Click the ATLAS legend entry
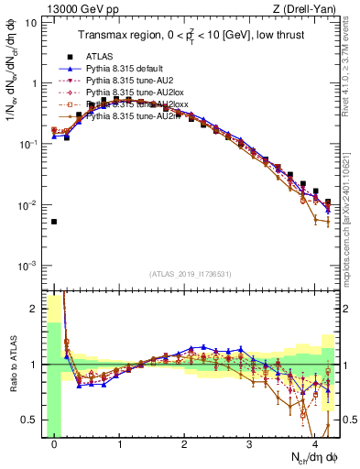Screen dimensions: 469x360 point(101,57)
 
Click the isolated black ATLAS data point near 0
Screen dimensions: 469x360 point(54,222)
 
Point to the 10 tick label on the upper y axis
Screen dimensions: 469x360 point(30,21)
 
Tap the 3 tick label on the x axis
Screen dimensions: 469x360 point(250,444)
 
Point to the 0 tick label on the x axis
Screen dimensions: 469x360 point(54,444)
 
